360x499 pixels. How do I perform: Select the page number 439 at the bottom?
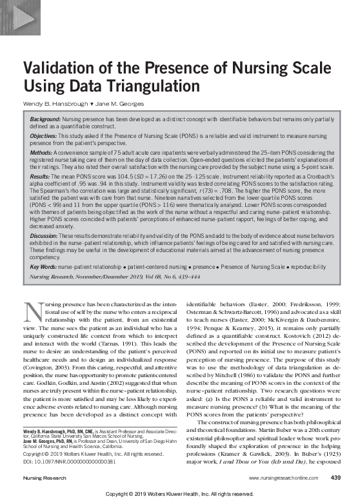(335, 478)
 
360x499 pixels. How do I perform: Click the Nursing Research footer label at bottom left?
(43, 478)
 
